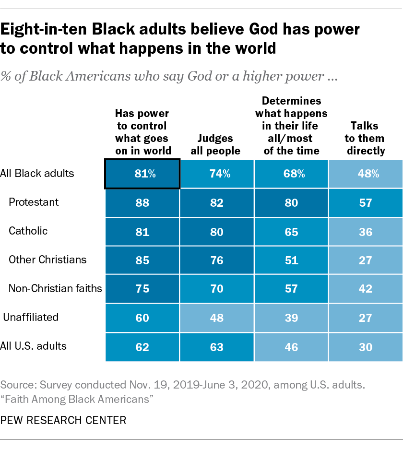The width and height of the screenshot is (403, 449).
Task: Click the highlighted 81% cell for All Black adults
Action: coord(142,174)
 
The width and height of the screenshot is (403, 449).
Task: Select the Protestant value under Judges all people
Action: coord(217,203)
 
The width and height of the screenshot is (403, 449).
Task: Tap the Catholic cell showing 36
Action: coord(366,232)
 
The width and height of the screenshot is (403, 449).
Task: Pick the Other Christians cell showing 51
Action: coord(291,260)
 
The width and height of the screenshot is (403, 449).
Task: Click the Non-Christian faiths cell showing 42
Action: coord(366,289)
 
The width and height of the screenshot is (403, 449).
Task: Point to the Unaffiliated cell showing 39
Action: coord(291,318)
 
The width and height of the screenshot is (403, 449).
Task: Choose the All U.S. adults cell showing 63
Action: coord(217,347)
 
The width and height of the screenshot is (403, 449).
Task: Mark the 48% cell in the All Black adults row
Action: coord(366,174)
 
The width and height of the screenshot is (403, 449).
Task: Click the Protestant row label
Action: coord(34,202)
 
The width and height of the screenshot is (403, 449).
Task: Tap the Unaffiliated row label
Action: coord(31,317)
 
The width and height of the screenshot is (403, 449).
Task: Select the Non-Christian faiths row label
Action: coord(55,288)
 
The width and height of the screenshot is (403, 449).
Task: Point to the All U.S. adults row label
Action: coord(34,346)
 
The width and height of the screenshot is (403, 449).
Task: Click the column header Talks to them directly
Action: coord(365,138)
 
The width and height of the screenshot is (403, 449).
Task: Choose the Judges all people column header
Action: coord(217,144)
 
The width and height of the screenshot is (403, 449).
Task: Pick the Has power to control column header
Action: coord(142,132)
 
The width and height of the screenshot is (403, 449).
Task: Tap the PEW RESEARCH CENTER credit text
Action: coord(63,421)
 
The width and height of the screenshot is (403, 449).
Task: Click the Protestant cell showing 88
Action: coord(142,203)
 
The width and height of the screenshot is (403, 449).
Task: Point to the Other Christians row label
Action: coord(47,260)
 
